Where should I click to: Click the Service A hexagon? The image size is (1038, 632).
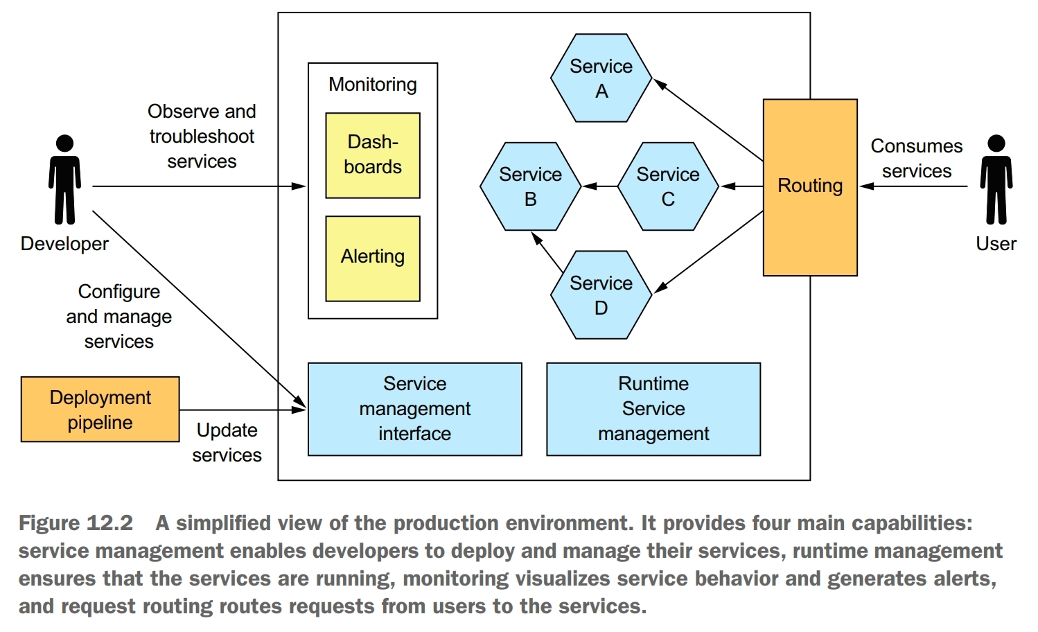coord(601,78)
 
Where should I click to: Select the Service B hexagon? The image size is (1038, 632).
coord(530,186)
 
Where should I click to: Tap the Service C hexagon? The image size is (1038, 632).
coord(667,186)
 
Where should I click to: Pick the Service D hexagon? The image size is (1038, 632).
coord(601,295)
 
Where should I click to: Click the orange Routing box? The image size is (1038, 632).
coord(810,187)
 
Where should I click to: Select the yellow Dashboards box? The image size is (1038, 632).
coord(373,155)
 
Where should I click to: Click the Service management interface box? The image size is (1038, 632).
coord(414,409)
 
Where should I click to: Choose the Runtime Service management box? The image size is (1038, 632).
coord(653,409)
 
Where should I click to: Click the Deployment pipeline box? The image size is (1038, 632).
coord(100,410)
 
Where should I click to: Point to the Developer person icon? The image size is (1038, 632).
coord(64,180)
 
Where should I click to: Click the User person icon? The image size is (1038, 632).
coord(996,180)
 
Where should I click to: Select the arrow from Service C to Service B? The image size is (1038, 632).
coord(599,186)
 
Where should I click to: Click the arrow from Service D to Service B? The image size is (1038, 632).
coord(547,252)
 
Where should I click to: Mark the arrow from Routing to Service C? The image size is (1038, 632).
coord(741,186)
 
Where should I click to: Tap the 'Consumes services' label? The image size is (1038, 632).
coord(916,159)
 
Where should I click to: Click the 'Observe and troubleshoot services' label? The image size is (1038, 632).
coord(202,137)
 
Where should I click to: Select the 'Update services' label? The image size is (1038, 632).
coord(227,443)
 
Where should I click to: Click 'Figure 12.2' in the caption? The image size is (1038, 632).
coord(76,523)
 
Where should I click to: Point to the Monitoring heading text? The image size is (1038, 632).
coord(373,85)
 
